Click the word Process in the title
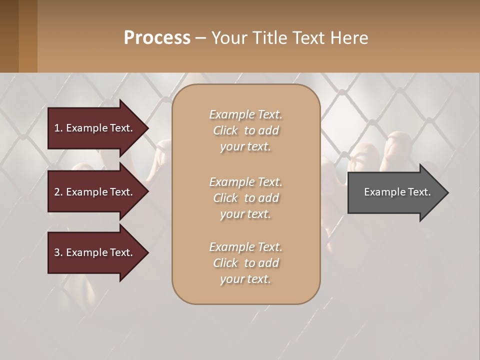(x=157, y=38)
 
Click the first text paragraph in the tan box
(x=245, y=130)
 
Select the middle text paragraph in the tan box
(x=245, y=198)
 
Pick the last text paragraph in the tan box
(x=245, y=263)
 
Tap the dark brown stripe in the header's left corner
(x=9, y=36)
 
